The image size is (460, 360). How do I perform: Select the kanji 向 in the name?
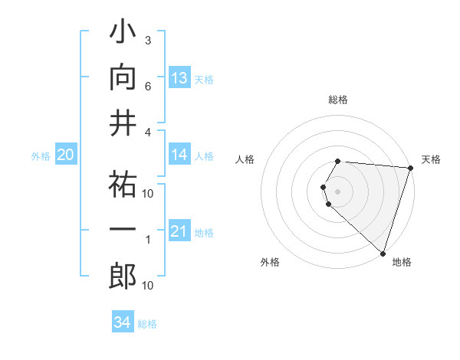(123, 79)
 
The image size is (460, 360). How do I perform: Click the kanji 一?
(123, 231)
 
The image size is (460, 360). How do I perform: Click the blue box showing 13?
(179, 78)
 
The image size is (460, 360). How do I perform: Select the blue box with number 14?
(179, 155)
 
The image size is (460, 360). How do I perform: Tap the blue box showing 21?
(179, 231)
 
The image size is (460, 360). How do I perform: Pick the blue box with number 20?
(65, 155)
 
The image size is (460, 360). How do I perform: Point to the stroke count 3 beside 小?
(148, 41)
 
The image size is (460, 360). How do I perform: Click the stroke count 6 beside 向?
(148, 87)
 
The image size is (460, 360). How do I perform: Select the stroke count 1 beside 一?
(148, 240)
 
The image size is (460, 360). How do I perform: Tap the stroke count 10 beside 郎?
(148, 286)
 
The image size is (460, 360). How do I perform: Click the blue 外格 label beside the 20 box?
(41, 156)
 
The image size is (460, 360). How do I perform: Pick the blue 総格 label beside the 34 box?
(147, 324)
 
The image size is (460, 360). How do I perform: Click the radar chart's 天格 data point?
(410, 169)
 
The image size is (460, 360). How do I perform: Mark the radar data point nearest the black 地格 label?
(383, 254)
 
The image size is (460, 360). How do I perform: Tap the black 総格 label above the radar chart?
(338, 100)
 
